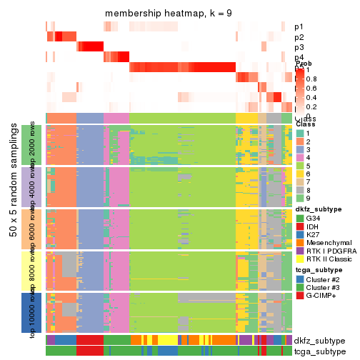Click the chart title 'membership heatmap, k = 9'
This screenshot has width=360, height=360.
tap(169, 14)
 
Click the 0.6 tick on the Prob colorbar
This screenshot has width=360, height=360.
tap(311, 89)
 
